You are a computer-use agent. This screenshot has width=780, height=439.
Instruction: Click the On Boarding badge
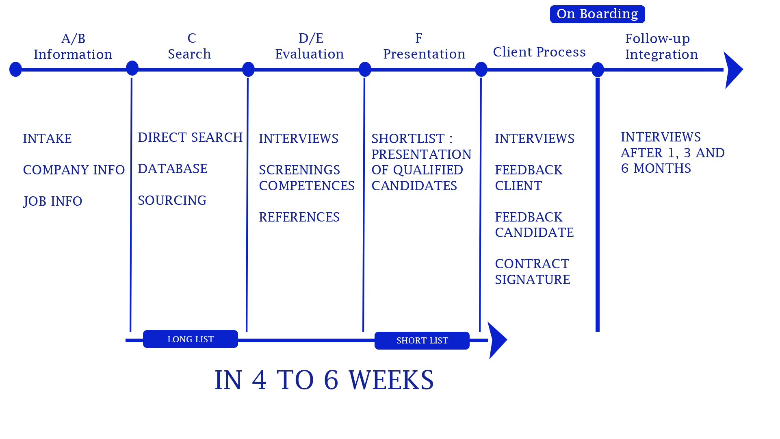(x=597, y=14)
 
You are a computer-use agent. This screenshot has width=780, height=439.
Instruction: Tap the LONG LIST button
(x=191, y=339)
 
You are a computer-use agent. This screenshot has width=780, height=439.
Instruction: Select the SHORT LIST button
(x=422, y=341)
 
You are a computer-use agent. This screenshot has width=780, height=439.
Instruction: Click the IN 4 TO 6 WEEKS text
(x=324, y=380)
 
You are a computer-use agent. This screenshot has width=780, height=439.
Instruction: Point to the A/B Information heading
(x=73, y=46)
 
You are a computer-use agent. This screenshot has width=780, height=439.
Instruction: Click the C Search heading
(x=190, y=46)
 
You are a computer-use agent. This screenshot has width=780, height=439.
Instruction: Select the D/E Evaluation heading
(x=310, y=46)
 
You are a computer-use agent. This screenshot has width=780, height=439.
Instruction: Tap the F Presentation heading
(x=424, y=46)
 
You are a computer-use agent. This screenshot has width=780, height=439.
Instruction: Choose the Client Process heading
(x=539, y=52)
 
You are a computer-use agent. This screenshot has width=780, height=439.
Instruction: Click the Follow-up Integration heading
(x=661, y=46)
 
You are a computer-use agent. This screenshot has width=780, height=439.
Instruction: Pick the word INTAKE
(x=47, y=139)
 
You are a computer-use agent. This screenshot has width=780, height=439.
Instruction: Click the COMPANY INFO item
(x=74, y=170)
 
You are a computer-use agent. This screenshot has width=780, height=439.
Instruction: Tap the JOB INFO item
(x=53, y=201)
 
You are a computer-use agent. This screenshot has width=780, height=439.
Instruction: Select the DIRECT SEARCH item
(x=190, y=137)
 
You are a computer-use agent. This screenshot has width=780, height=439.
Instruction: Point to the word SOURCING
(x=172, y=200)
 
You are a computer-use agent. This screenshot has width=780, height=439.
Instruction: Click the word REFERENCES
(x=299, y=217)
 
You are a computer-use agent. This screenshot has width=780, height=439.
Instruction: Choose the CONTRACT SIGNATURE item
(x=533, y=272)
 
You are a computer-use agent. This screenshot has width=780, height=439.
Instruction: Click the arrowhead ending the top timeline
(x=733, y=70)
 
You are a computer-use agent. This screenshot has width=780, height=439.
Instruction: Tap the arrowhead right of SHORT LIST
(x=497, y=340)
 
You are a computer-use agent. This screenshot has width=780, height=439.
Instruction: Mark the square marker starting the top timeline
(x=16, y=70)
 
